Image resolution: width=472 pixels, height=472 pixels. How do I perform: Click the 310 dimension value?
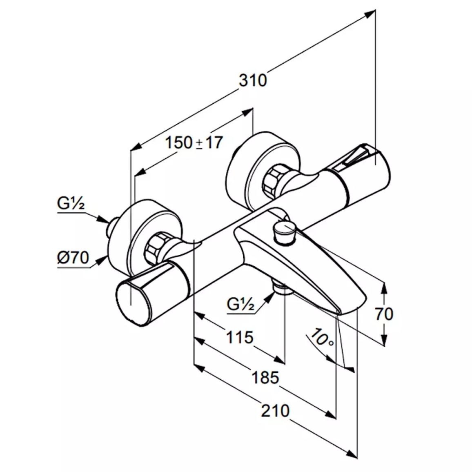[253, 81]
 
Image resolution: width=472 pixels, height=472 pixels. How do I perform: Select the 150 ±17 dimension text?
[194, 142]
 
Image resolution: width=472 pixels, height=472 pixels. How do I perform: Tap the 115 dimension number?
[240, 337]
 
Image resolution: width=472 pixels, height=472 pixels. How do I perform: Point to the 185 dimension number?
[265, 378]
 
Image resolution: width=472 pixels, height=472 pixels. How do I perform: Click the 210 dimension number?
[275, 411]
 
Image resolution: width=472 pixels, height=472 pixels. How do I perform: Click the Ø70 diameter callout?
[73, 258]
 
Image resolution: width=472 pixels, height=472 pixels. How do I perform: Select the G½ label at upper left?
[71, 203]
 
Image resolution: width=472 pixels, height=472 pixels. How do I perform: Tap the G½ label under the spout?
[241, 304]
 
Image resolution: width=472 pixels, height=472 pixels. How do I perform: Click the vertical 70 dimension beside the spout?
[384, 314]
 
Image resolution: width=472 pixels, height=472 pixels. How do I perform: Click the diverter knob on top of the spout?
[284, 231]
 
